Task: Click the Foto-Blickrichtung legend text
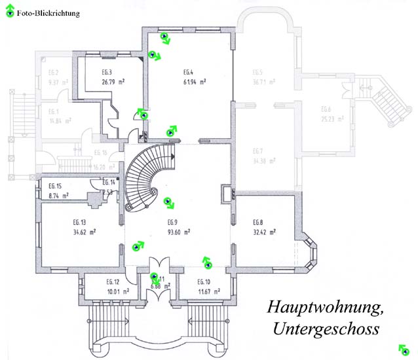click(x=48, y=12)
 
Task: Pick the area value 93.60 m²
click(x=178, y=231)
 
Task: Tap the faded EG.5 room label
click(x=257, y=72)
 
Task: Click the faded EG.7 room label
click(x=257, y=151)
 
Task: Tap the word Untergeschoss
click(x=323, y=326)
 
